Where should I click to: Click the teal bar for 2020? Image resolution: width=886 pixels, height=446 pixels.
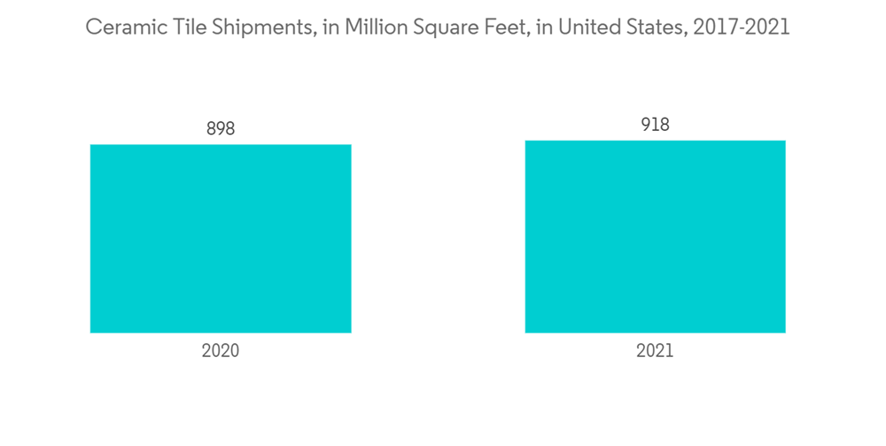pos(221,239)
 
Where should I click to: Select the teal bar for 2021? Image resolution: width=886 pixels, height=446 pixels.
pos(655,236)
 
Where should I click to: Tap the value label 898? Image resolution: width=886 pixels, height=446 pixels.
pos(221,128)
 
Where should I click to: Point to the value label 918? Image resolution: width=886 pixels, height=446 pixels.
pos(655,125)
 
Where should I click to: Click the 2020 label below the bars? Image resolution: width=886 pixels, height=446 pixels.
pos(221,351)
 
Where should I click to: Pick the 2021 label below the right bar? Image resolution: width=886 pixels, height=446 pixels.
pos(655,351)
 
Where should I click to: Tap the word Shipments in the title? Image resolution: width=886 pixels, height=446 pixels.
pos(257,28)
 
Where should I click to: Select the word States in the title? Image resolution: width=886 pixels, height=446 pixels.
pos(650,27)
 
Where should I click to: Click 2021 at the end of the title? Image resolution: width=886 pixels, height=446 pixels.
pos(766,27)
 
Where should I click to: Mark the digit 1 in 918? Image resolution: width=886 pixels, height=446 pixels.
pos(655,125)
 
